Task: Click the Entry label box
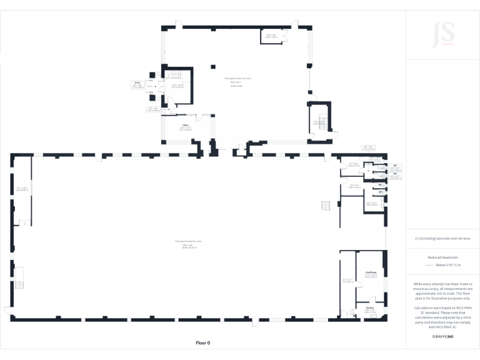pyautogui.click(x=137, y=84)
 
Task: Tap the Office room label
pyautogui.click(x=186, y=127)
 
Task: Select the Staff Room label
pyautogui.click(x=371, y=274)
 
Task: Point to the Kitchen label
pyautogui.click(x=369, y=309)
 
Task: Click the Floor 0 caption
pyautogui.click(x=203, y=343)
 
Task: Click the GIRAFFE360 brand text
pyautogui.click(x=442, y=336)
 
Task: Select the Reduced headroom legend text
pyautogui.click(x=442, y=257)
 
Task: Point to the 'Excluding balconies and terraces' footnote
pyautogui.click(x=442, y=238)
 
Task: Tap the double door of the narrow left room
pyautogui.click(x=24, y=222)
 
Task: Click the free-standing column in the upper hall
pyautogui.click(x=212, y=65)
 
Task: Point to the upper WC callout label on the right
pyautogui.click(x=395, y=167)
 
